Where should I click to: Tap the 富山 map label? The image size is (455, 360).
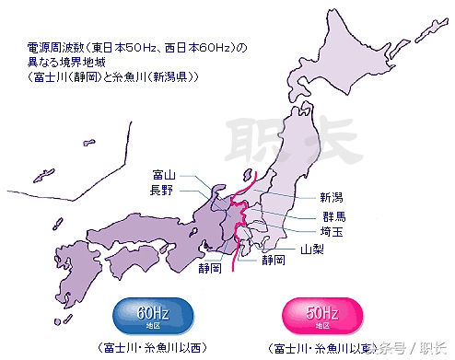[162, 175]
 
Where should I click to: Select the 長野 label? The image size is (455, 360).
[162, 190]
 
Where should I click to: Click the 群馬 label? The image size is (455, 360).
[322, 216]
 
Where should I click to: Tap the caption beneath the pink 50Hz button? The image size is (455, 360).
[320, 348]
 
